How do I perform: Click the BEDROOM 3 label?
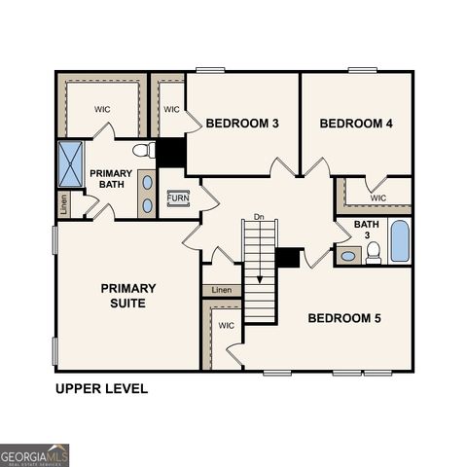(x=242, y=124)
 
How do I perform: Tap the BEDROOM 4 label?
(x=356, y=124)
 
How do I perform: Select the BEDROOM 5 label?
(x=344, y=318)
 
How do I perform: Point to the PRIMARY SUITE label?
(x=127, y=296)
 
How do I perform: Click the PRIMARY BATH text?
(x=111, y=179)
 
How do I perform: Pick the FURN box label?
(x=178, y=198)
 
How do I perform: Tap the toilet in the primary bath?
(x=143, y=151)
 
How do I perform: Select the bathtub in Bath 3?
(x=400, y=241)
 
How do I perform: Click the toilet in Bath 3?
(x=373, y=254)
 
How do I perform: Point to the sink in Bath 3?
(x=348, y=257)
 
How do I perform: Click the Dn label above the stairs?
(x=259, y=216)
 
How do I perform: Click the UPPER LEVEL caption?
(x=101, y=389)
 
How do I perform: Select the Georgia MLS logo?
(x=35, y=455)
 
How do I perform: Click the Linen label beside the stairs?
(x=222, y=290)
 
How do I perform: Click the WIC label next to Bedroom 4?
(x=378, y=198)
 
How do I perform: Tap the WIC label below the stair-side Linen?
(x=226, y=326)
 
